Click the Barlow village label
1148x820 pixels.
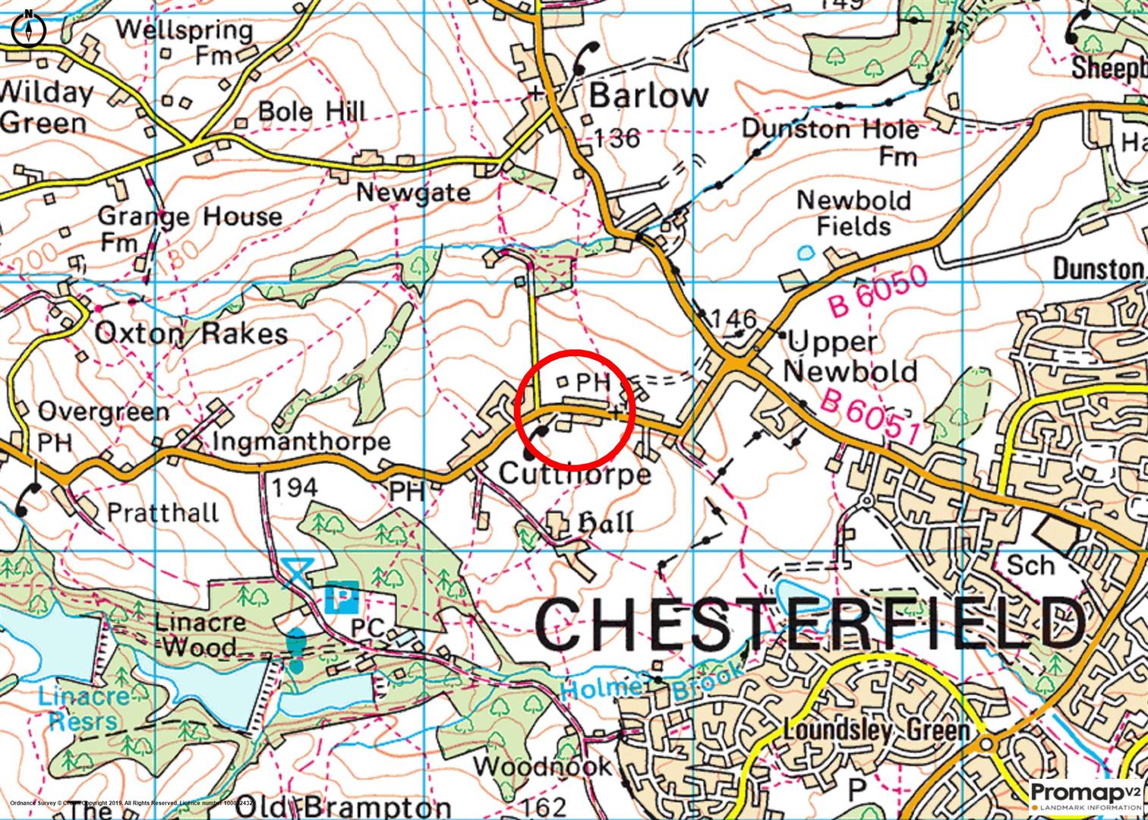tap(648, 96)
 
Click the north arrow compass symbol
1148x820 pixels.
tap(29, 28)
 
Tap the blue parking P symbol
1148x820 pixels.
tap(341, 597)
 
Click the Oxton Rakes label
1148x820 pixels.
tap(191, 333)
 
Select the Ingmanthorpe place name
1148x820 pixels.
tap(301, 441)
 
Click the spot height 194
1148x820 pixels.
tap(295, 487)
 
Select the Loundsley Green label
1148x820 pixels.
tap(876, 730)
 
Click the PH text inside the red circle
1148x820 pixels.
tap(593, 382)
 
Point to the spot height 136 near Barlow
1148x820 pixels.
tap(617, 138)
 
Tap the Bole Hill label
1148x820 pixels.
tap(311, 111)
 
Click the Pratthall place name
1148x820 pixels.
tap(162, 512)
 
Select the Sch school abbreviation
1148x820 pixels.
tap(1030, 565)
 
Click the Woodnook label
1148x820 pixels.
tap(543, 765)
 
